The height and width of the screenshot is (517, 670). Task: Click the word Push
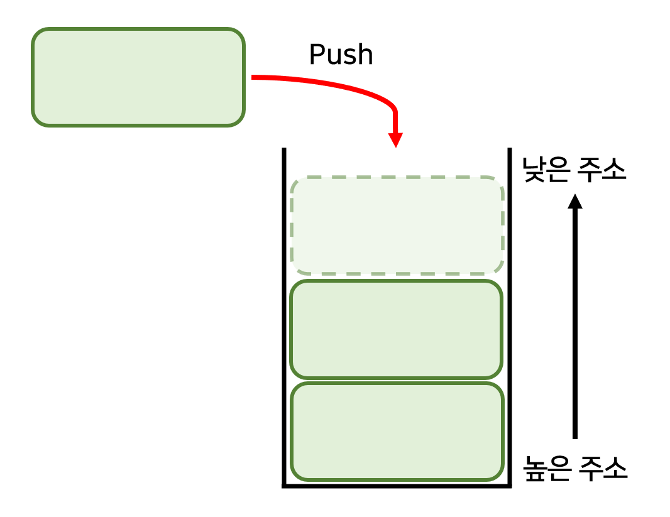tap(341, 55)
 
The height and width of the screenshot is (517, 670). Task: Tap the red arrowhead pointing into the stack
tap(395, 139)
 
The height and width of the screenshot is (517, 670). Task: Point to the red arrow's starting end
tap(254, 77)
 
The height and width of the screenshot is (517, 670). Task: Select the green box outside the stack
tap(138, 77)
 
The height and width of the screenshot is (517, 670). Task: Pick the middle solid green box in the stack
tap(397, 329)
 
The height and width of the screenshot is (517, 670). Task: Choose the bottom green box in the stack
tap(397, 431)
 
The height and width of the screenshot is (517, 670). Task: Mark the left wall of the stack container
tap(285, 314)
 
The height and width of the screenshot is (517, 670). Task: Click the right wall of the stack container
tap(508, 314)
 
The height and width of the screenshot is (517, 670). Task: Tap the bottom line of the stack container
tap(397, 485)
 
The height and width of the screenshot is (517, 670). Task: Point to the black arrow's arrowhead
tap(574, 201)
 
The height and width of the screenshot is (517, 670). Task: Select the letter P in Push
tap(316, 55)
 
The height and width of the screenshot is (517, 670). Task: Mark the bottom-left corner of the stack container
tap(285, 485)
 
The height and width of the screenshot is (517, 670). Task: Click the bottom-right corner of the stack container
tap(508, 485)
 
